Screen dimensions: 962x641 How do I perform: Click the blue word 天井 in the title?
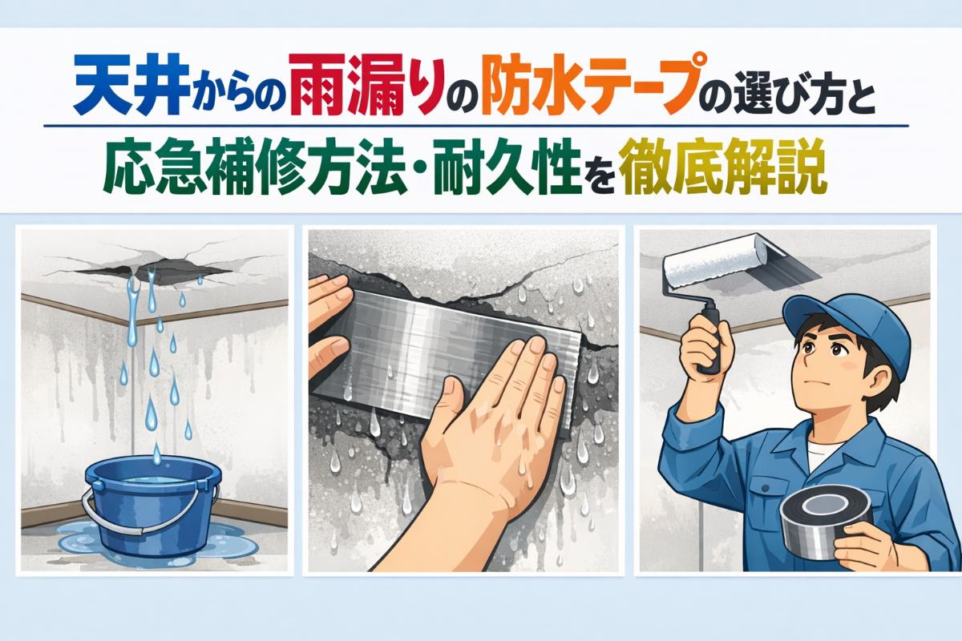point(131,88)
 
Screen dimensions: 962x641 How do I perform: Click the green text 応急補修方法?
point(254,167)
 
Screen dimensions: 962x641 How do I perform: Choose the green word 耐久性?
point(507,167)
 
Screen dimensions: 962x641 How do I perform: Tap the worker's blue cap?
point(848,323)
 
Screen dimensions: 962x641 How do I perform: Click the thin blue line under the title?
point(476,126)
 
